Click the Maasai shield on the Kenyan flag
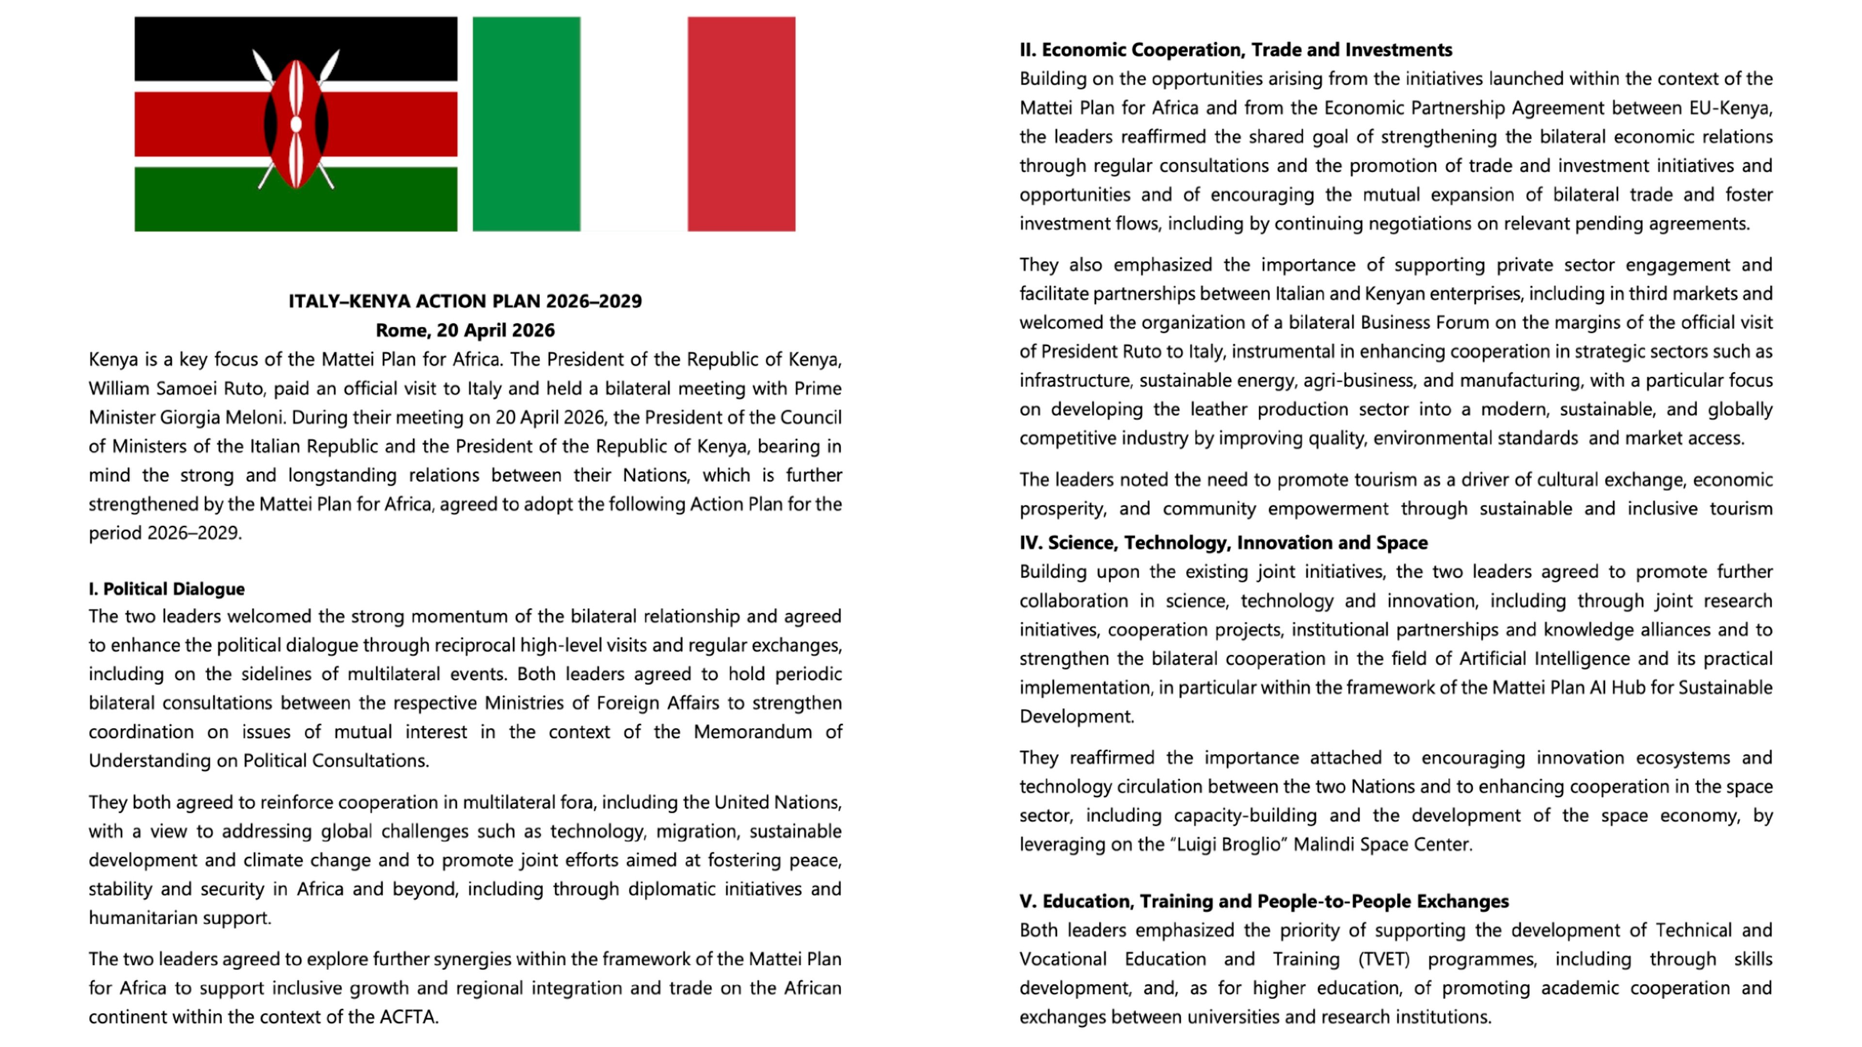pyautogui.click(x=296, y=124)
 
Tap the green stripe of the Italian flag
pyautogui.click(x=526, y=124)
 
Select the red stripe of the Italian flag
pyautogui.click(x=741, y=124)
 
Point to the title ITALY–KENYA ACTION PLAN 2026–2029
pyautogui.click(x=465, y=301)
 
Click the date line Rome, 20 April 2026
pyautogui.click(x=465, y=330)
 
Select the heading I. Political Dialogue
pyautogui.click(x=166, y=589)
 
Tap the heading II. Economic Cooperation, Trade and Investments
pyautogui.click(x=1236, y=50)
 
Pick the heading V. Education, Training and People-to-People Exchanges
pyautogui.click(x=1264, y=901)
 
